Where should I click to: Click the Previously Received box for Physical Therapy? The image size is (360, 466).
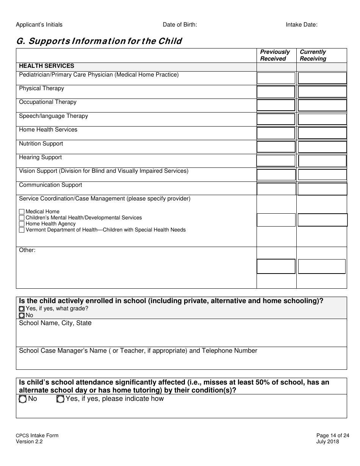tap(276, 92)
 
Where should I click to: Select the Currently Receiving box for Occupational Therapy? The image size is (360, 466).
tap(322, 105)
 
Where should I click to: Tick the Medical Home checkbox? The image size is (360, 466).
tap(22, 212)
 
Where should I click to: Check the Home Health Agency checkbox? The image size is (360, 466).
tap(22, 224)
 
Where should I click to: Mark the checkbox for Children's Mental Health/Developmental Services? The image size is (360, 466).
tap(22, 218)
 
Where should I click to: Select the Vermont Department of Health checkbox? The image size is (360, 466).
tap(22, 230)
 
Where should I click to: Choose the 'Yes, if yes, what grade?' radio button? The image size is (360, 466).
tap(22, 309)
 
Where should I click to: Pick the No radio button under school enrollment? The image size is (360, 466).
tap(22, 315)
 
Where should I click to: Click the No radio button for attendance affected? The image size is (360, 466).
tap(23, 399)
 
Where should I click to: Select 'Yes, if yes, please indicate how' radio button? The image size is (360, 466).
tap(60, 399)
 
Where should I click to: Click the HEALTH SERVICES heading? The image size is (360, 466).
tap(47, 66)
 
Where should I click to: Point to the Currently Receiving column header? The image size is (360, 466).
tap(313, 55)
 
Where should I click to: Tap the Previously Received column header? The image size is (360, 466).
tap(275, 55)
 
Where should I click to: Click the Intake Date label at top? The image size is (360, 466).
tap(301, 25)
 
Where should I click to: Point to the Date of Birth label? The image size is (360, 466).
tap(180, 25)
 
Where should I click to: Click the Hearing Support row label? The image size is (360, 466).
tap(41, 157)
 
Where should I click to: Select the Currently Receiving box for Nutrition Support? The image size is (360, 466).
tap(322, 147)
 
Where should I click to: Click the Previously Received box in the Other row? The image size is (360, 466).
tap(276, 266)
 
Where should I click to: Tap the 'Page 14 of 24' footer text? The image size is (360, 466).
tap(333, 435)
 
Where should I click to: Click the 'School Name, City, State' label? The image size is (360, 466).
tap(55, 323)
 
